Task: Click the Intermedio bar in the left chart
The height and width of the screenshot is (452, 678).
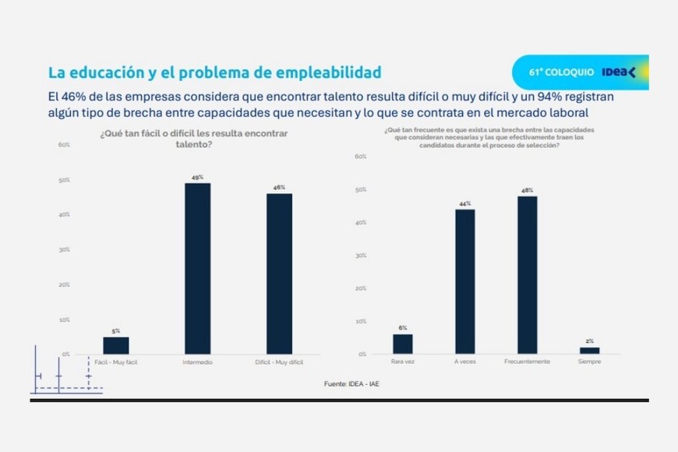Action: [x=197, y=268]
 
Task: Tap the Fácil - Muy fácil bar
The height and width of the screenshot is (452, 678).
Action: [x=116, y=345]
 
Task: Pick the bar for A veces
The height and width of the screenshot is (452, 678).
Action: [x=465, y=281]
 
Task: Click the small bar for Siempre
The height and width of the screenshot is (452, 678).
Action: [x=590, y=351]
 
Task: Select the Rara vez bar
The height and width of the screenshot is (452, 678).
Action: [x=403, y=344]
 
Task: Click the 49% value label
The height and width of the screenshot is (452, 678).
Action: [x=198, y=178]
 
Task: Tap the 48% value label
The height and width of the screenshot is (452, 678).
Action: [x=527, y=191]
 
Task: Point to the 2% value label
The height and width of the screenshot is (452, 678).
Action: [x=590, y=341]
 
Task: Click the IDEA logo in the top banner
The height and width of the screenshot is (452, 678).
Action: [x=620, y=72]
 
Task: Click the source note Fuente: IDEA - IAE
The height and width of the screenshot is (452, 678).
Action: [x=351, y=383]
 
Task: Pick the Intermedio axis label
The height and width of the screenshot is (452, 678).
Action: [x=197, y=362]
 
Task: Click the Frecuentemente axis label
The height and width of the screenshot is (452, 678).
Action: [x=528, y=362]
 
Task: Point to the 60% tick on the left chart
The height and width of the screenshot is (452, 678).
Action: [x=64, y=145]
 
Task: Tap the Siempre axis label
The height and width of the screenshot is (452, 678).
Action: [x=589, y=362]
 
